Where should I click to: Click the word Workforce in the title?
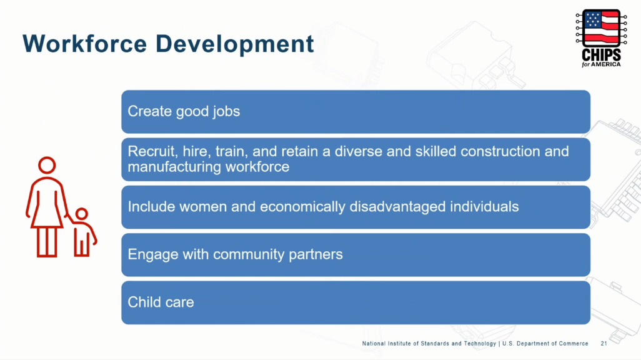click(84, 43)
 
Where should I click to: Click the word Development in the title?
click(235, 44)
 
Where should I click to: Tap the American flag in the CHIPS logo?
click(601, 27)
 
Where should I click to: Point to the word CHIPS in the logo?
click(601, 55)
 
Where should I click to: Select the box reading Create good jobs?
click(355, 112)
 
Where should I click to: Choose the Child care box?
click(355, 302)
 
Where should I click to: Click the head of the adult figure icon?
click(47, 165)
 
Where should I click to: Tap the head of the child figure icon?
click(82, 214)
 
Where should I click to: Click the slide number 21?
click(604, 344)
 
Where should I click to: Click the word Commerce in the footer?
click(574, 344)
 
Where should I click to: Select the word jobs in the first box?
click(226, 112)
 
